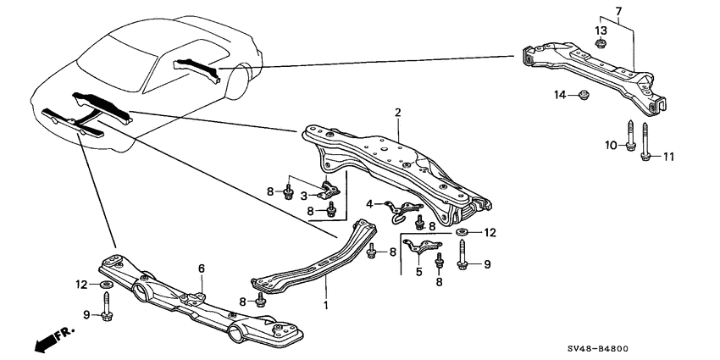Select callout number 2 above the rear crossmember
click(x=396, y=113)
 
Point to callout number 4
click(x=369, y=203)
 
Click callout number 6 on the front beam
click(x=202, y=269)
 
